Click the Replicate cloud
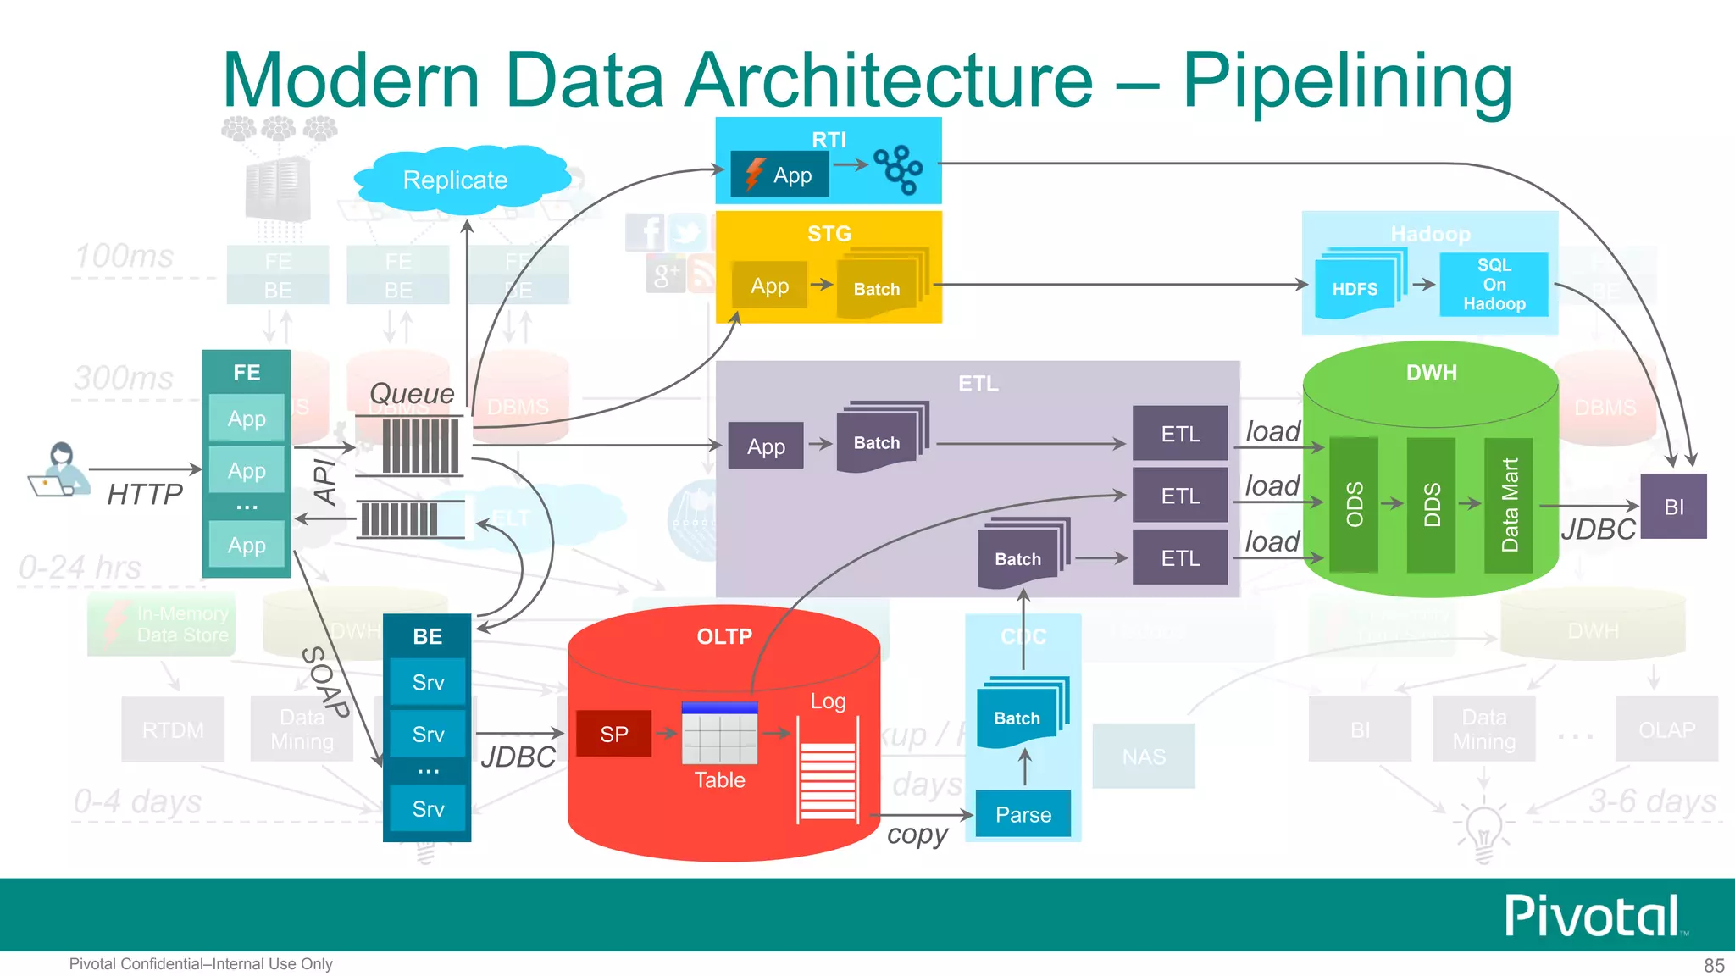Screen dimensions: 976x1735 tap(456, 180)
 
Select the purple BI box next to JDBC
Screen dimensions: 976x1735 tap(1673, 507)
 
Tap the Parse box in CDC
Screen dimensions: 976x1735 tap(1023, 814)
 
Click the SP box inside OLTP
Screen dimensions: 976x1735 tap(614, 734)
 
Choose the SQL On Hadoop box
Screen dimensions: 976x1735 tap(1494, 285)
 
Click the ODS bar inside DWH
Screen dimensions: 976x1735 tap(1354, 504)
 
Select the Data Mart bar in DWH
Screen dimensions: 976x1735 tap(1509, 504)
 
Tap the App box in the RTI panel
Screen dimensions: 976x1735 tap(780, 175)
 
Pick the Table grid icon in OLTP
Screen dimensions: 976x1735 tap(719, 734)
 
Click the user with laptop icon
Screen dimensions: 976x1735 tap(59, 470)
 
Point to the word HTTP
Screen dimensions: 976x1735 tap(145, 494)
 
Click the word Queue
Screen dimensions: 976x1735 tap(412, 393)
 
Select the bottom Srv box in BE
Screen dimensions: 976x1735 tap(428, 809)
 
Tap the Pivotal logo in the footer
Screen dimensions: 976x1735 tap(1593, 916)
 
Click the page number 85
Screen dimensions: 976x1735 tap(1714, 965)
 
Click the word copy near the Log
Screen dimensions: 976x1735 tap(917, 835)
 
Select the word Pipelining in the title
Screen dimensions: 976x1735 tap(1347, 80)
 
